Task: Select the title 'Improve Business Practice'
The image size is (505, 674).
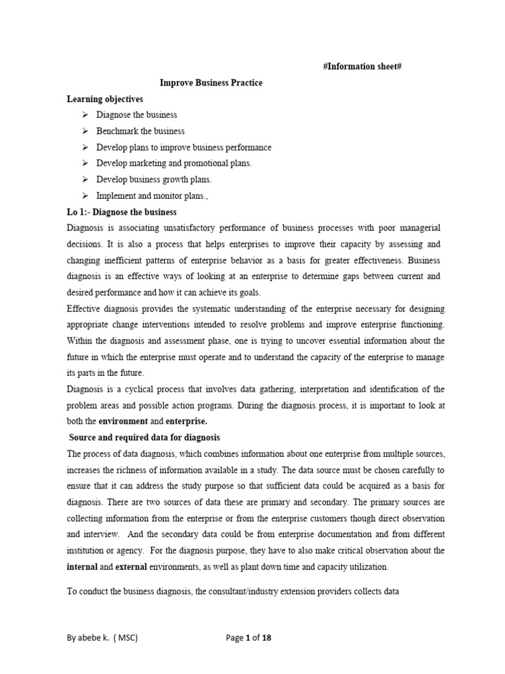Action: pos(211,83)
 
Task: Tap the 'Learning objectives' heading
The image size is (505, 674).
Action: pos(105,99)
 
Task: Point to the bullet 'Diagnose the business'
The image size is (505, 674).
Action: pos(137,115)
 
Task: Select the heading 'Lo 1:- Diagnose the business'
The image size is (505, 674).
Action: pos(122,212)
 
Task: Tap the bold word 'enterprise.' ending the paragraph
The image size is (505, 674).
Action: pos(186,421)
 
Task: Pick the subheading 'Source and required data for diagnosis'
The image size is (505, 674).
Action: pos(145,437)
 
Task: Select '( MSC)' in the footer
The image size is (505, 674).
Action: pos(128,638)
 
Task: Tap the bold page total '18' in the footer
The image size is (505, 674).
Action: pos(266,638)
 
